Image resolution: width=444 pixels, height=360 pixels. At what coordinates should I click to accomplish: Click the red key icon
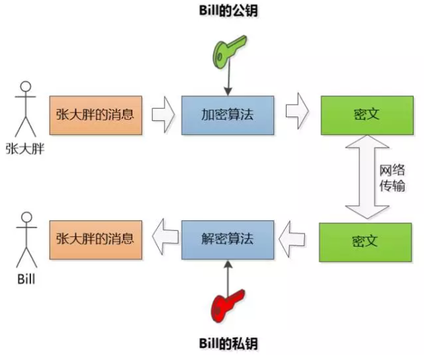coord(228,305)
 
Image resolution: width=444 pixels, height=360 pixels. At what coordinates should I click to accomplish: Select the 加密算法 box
coord(228,114)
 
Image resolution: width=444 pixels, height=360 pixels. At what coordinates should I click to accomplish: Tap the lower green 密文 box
coord(365,242)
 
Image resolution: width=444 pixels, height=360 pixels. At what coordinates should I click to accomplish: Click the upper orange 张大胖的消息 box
coord(95,114)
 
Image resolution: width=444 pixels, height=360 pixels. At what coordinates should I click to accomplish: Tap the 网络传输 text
coord(392,177)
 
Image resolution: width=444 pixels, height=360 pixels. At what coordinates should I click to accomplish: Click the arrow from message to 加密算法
coord(162,114)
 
